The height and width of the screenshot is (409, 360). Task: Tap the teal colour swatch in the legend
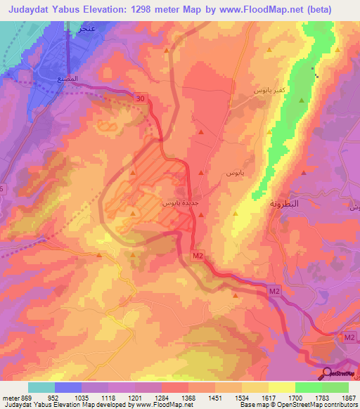pyautogui.click(x=41, y=387)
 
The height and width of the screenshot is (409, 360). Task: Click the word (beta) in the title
pyautogui.click(x=333, y=10)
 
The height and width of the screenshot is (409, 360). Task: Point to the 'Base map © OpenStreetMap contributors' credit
pyautogui.click(x=296, y=405)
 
